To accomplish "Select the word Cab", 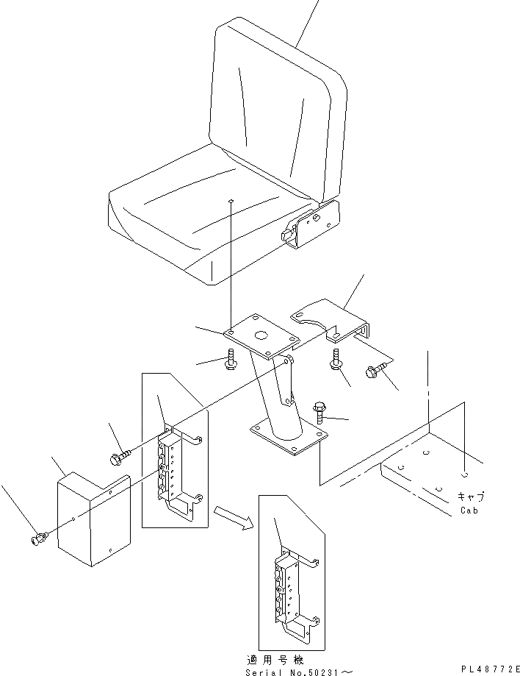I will [469, 510].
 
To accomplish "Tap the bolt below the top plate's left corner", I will [230, 360].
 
